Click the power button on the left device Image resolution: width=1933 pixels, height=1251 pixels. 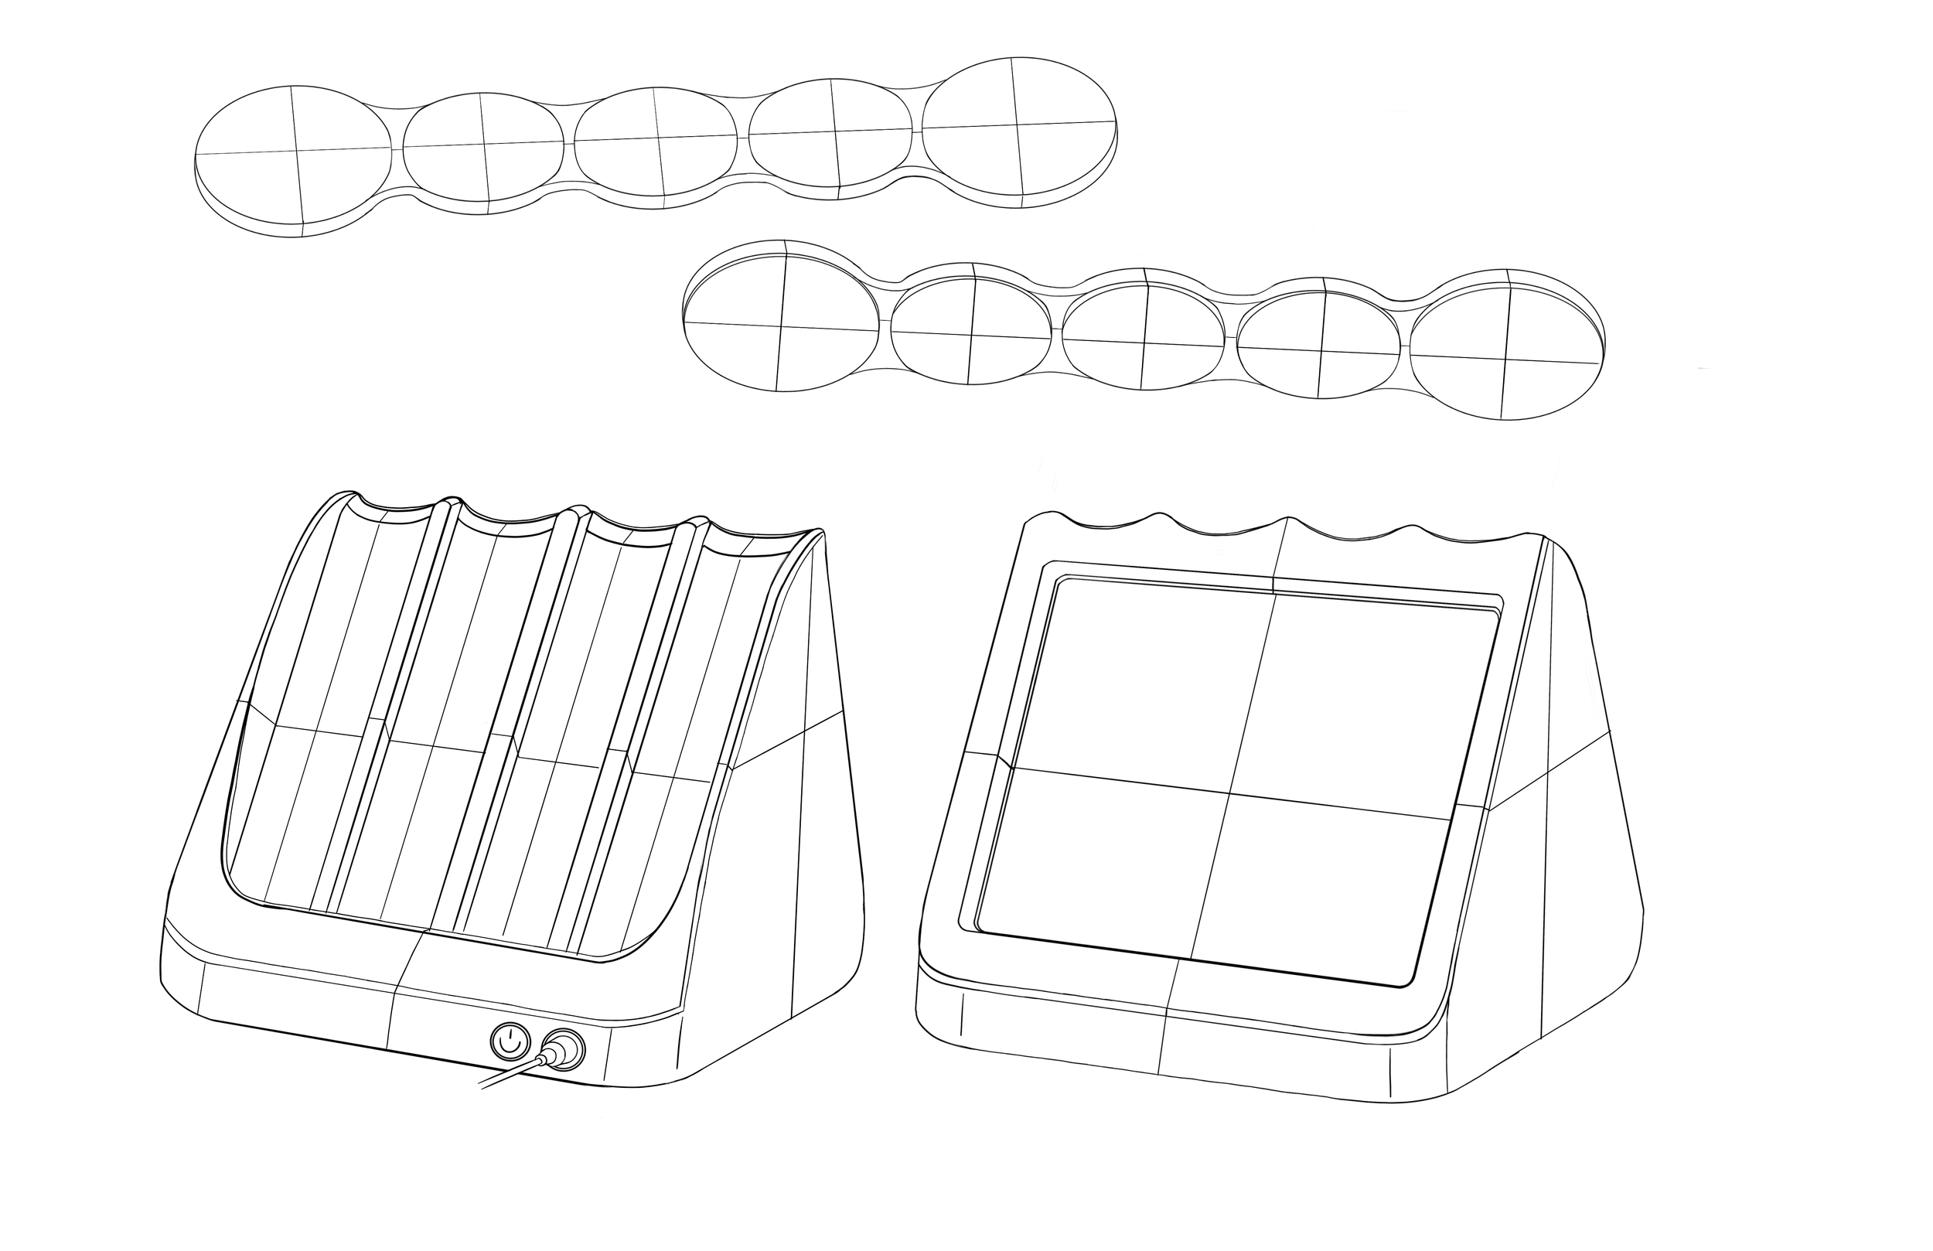click(510, 1041)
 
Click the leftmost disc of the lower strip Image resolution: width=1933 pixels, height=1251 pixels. click(782, 325)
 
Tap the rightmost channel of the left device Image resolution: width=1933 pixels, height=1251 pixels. click(674, 755)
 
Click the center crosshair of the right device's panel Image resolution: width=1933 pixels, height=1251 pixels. click(1229, 792)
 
